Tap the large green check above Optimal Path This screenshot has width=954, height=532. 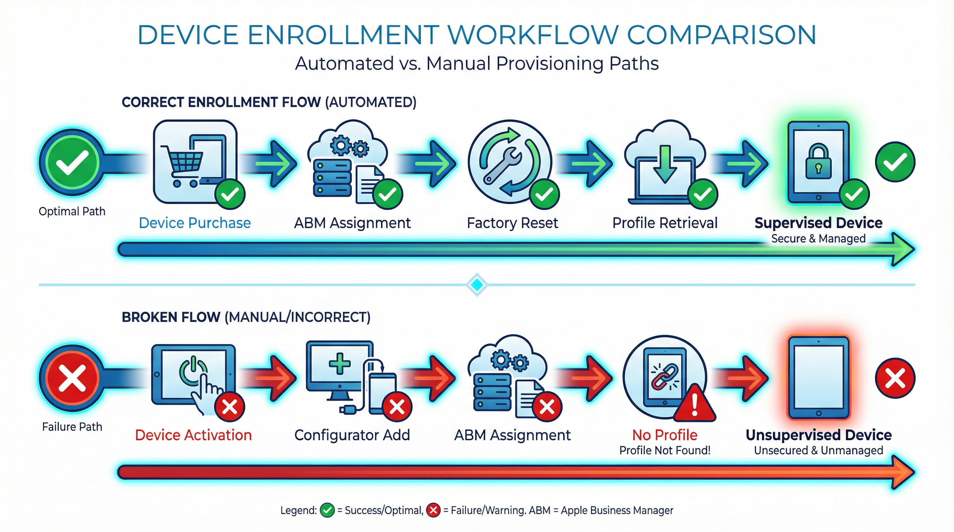coord(72,162)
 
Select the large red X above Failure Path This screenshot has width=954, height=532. coord(72,378)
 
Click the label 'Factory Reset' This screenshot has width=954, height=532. coord(512,223)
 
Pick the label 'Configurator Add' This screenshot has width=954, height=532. coord(352,435)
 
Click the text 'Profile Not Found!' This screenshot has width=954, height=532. coord(665,450)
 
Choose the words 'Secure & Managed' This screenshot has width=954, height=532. coord(818,239)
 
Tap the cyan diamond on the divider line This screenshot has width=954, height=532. coord(477,284)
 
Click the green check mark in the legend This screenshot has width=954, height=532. coord(327,510)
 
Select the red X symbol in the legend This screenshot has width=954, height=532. coord(433,510)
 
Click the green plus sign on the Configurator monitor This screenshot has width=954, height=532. coord(339,363)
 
